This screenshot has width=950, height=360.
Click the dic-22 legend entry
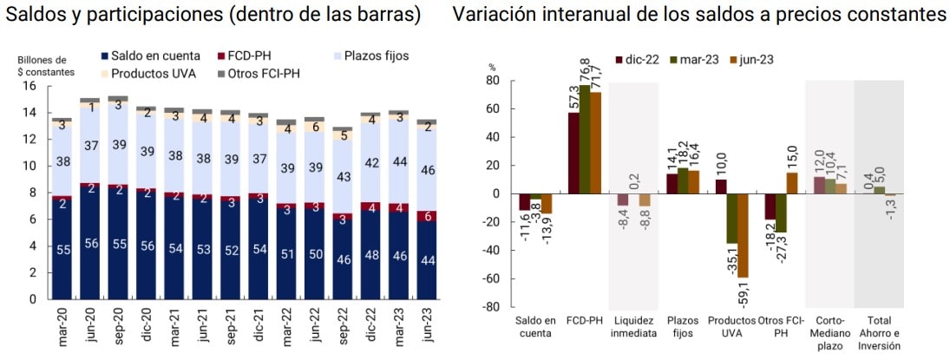pyautogui.click(x=639, y=59)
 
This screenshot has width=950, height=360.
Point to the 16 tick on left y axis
pyautogui.click(x=29, y=86)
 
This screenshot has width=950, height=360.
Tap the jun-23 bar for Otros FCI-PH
pyautogui.click(x=792, y=183)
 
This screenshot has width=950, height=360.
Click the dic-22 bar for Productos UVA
pyautogui.click(x=722, y=187)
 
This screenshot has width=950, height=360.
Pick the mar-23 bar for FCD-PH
pyautogui.click(x=586, y=139)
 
